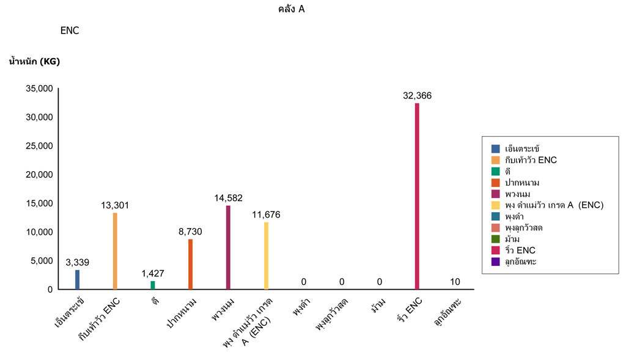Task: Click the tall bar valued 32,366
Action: pos(417,196)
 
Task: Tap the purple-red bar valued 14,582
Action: pos(228,247)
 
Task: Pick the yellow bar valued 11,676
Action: pos(266,255)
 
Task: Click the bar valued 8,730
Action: pos(190,264)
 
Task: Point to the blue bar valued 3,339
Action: pos(77,279)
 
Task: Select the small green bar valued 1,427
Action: pos(153,285)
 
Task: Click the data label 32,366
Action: pos(418,95)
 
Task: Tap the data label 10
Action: pos(455,282)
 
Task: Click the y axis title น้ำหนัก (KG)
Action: pos(34,61)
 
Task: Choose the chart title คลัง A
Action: pos(291,9)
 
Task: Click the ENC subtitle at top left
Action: pos(70,31)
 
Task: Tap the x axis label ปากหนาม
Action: pos(183,312)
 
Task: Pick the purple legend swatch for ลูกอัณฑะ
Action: pos(495,262)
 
